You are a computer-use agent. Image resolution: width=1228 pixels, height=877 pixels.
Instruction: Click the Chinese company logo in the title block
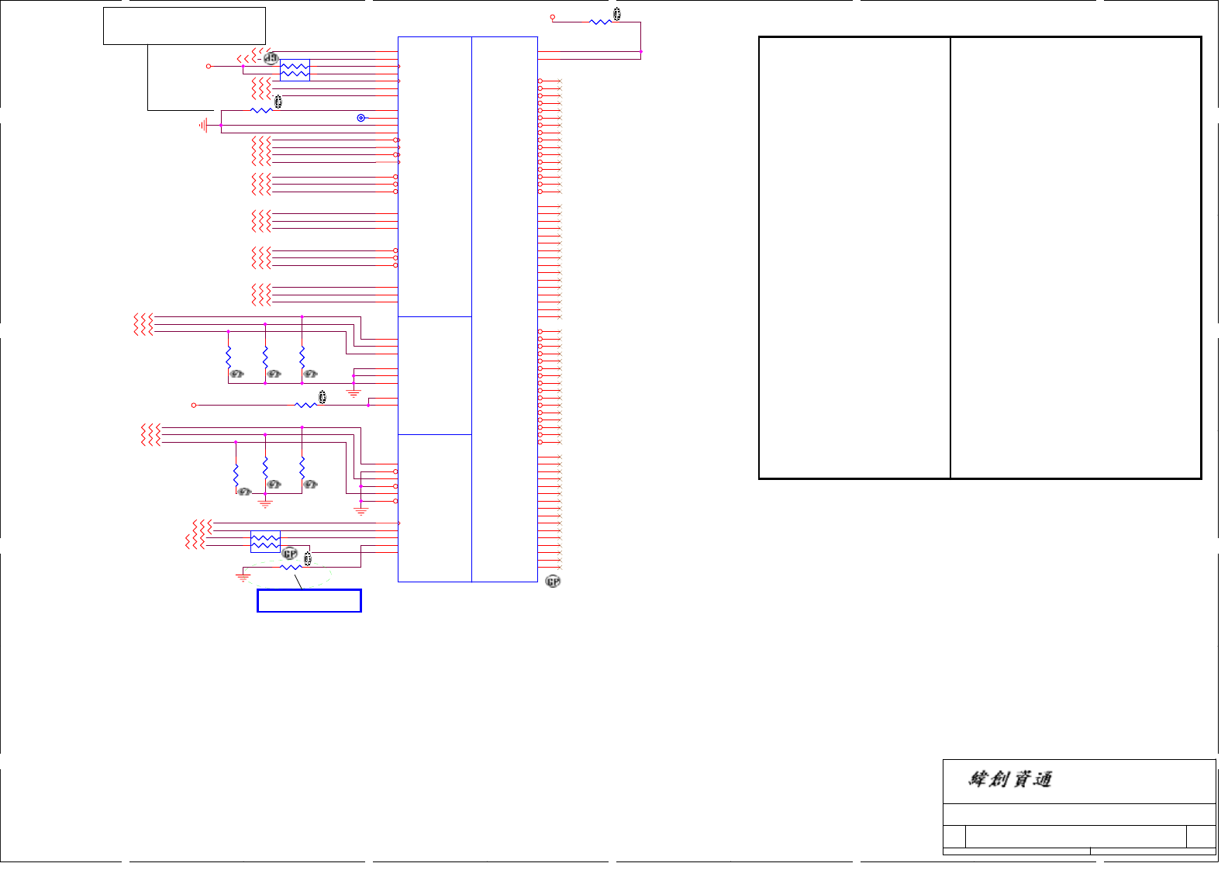1009,779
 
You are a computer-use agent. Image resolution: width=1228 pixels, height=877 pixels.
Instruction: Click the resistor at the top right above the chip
600,22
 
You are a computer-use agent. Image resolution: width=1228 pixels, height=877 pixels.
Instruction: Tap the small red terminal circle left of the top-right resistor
553,17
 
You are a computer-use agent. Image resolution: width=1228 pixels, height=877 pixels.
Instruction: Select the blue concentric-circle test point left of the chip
360,118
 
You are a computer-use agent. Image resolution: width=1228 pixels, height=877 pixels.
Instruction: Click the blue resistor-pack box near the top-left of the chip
295,70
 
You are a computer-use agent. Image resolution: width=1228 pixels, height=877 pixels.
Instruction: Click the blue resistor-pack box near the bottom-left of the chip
265,541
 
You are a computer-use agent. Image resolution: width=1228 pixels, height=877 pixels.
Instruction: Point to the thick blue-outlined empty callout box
309,601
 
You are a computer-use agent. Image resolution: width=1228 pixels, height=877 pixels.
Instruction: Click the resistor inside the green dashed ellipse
291,568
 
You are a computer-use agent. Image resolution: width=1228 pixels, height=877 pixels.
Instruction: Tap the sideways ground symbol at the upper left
204,125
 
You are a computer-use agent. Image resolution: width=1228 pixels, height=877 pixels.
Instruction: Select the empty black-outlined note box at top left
185,26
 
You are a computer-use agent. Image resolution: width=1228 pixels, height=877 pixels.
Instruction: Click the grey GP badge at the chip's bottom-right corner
553,582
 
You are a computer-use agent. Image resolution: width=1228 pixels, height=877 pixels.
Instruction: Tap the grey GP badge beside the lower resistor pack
290,554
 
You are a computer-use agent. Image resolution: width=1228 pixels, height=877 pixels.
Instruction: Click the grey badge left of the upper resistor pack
271,58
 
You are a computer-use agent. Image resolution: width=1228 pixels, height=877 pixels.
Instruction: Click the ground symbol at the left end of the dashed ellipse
243,577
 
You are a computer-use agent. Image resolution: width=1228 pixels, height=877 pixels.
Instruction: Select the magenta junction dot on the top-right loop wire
641,52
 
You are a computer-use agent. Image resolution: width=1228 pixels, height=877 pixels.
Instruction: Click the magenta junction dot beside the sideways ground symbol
222,125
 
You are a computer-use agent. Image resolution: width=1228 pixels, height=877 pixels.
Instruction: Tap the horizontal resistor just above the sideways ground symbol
261,111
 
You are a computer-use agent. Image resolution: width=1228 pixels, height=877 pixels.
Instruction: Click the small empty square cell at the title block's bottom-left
954,837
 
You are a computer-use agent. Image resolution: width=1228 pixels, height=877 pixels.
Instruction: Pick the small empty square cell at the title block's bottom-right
1201,837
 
